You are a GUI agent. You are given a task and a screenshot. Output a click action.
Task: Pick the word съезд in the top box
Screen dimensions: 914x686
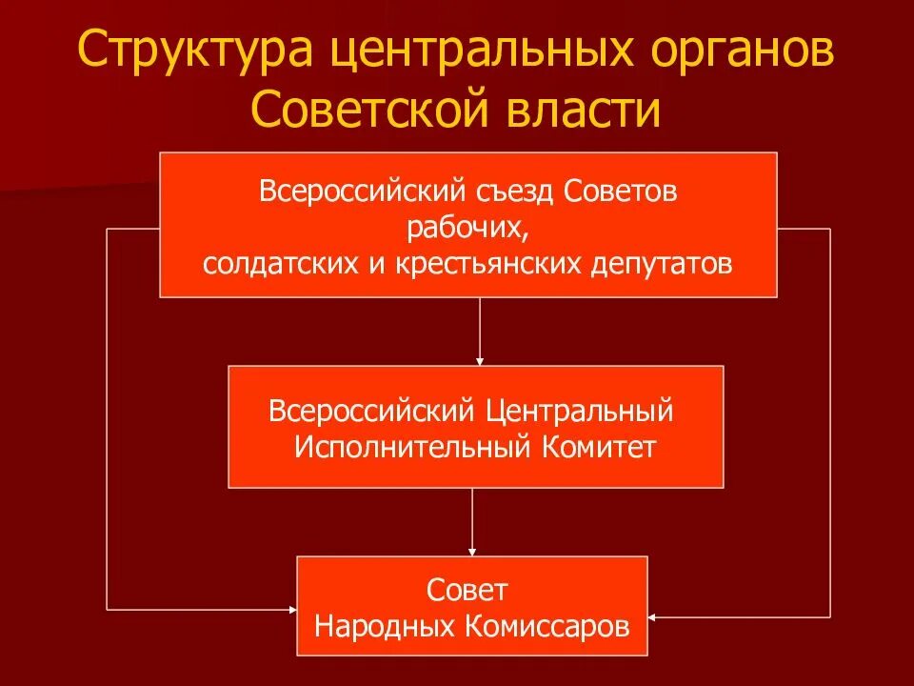511,191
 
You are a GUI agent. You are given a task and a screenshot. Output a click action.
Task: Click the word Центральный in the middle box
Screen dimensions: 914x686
579,412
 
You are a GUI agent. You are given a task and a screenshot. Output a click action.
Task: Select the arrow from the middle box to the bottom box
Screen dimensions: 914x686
472,522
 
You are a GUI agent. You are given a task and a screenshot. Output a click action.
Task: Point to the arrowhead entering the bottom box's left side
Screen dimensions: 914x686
290,608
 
